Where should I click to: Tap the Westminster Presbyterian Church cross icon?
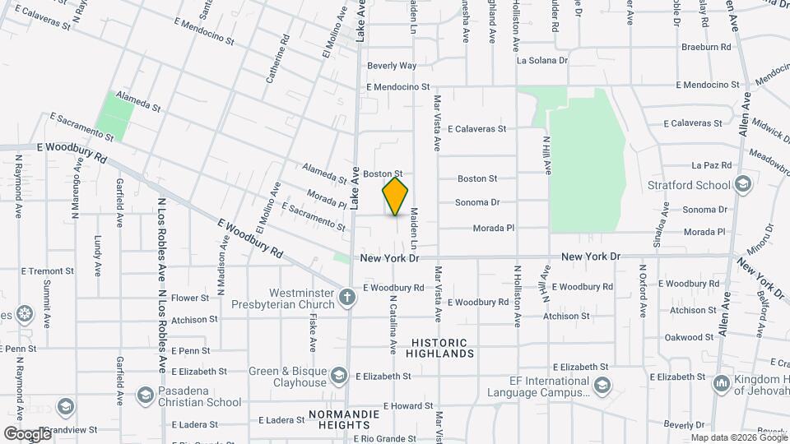[x=348, y=296]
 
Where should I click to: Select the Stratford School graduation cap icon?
[x=744, y=184]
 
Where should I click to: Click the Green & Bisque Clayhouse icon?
[x=338, y=376]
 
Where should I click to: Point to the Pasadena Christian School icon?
[x=145, y=395]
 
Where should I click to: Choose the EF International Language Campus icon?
[x=602, y=385]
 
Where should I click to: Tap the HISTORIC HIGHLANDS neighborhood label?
[x=439, y=348]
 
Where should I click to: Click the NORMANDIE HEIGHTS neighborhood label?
[x=339, y=419]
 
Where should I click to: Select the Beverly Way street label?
[x=392, y=66]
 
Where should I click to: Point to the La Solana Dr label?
[x=541, y=61]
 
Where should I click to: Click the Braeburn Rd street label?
[x=706, y=48]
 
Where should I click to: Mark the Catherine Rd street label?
[x=276, y=59]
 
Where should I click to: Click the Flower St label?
[x=191, y=298]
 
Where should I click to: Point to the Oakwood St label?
[x=689, y=337]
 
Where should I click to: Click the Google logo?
[x=27, y=433]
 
